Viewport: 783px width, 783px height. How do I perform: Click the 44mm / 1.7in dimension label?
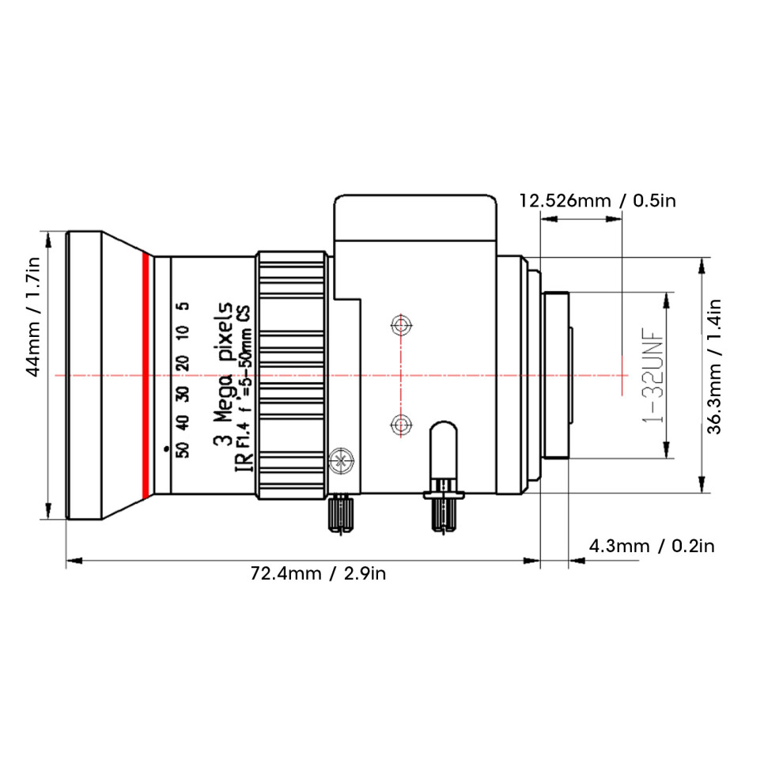click(32, 317)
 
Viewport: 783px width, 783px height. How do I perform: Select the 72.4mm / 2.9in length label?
click(318, 573)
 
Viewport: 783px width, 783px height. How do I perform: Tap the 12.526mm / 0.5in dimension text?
click(597, 201)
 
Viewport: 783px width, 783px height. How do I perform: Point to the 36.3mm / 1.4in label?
click(715, 366)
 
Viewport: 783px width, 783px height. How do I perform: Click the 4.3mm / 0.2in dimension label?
click(652, 546)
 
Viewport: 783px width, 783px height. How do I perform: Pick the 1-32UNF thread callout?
click(653, 375)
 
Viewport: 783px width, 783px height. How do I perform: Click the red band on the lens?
click(146, 376)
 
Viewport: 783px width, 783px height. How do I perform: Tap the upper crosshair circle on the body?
click(401, 326)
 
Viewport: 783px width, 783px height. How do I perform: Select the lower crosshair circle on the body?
click(401, 425)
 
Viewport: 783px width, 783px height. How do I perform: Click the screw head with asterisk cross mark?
click(342, 460)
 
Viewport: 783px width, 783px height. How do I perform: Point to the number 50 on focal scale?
click(183, 449)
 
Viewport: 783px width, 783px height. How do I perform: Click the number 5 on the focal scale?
click(183, 305)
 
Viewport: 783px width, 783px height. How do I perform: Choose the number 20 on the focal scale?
click(183, 362)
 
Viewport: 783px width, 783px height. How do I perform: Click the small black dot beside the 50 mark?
click(166, 449)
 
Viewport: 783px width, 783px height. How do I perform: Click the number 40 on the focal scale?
click(183, 422)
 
